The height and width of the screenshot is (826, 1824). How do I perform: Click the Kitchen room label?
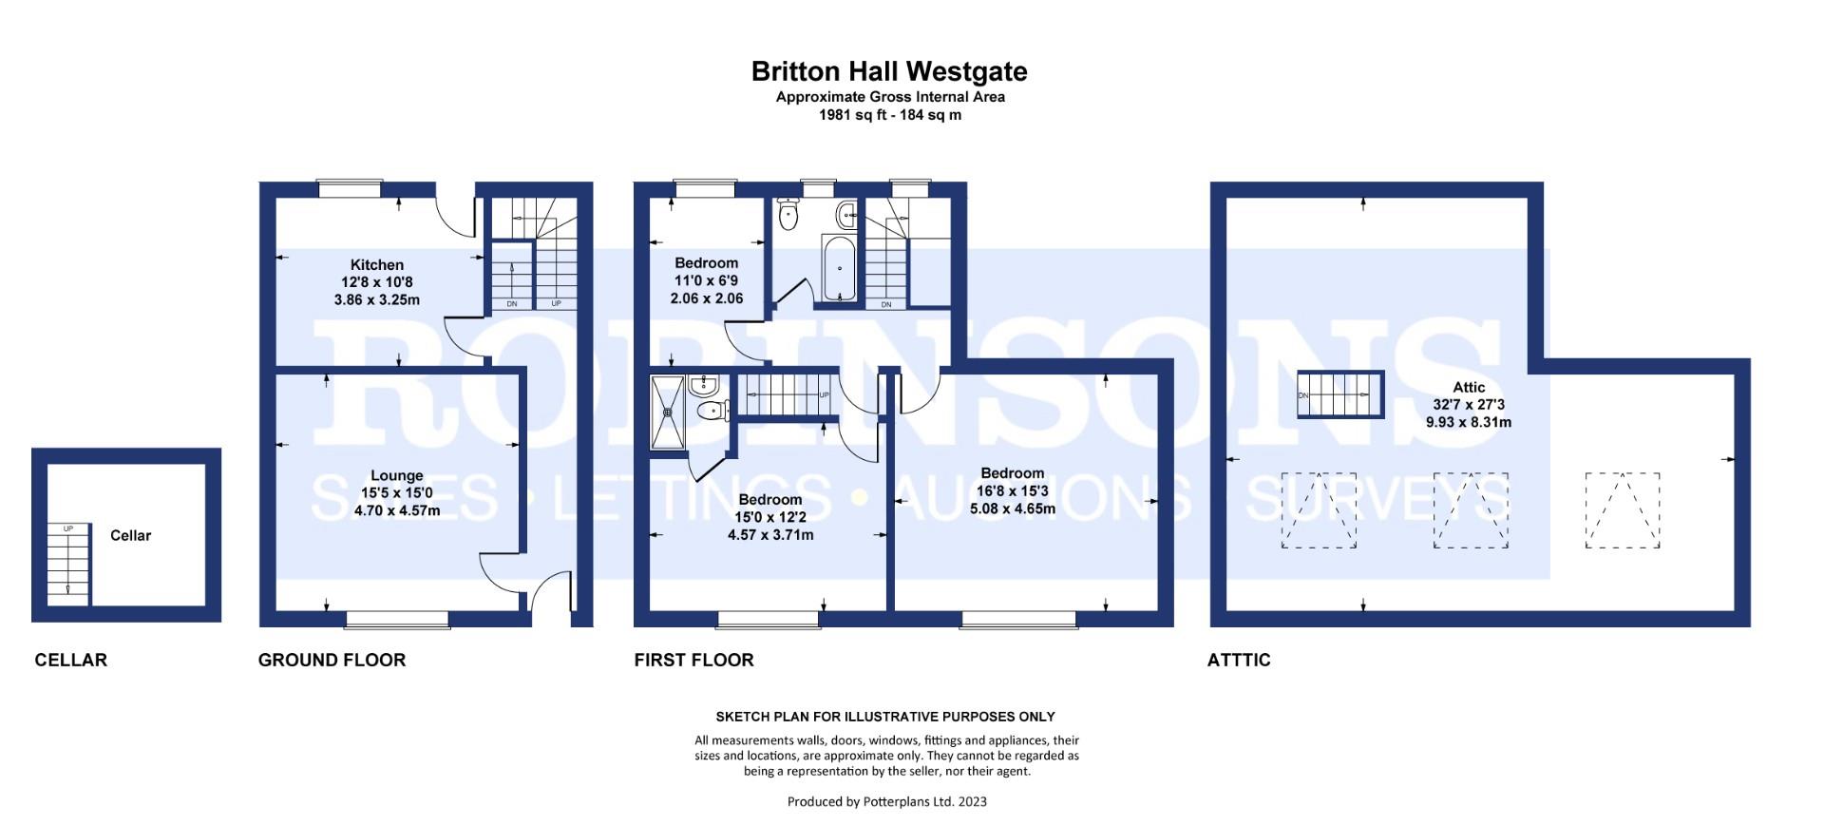(377, 265)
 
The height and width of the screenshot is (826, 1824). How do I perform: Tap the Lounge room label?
(397, 476)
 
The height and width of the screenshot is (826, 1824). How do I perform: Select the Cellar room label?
(130, 536)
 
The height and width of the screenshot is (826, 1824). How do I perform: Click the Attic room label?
(1469, 388)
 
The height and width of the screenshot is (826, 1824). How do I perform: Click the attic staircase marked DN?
(1340, 394)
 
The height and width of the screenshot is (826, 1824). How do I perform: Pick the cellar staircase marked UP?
(68, 564)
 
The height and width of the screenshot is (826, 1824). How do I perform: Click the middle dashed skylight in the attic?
(1470, 510)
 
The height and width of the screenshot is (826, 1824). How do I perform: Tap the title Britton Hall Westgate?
(889, 72)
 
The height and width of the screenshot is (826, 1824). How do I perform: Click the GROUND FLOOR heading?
(332, 660)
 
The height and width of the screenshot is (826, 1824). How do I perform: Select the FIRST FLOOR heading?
(693, 660)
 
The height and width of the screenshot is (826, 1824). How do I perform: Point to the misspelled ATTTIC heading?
(1239, 660)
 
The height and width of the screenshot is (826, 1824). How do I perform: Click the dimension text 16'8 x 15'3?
(1013, 491)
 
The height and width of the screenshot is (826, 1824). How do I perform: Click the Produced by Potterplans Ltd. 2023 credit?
(886, 801)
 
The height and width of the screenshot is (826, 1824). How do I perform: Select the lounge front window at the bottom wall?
(397, 620)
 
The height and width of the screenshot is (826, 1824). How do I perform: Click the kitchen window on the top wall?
(351, 189)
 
